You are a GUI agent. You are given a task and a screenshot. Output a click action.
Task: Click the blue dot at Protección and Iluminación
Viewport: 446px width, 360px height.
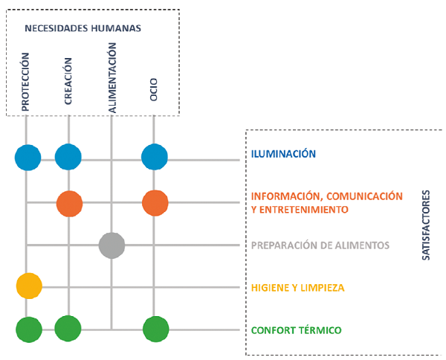coord(28,157)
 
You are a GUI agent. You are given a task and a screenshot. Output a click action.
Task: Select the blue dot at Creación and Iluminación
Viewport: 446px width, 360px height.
coord(68,157)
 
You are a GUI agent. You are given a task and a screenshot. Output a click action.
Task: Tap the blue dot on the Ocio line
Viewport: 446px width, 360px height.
coord(155,157)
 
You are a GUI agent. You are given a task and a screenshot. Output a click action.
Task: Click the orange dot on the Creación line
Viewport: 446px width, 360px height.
coord(70,202)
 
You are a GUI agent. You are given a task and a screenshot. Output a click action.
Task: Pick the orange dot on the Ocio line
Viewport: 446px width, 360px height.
coord(155,202)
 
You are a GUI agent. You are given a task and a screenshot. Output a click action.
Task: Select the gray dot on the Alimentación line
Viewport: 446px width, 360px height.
coord(112,245)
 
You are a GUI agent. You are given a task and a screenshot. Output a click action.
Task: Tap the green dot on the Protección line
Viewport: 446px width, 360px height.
coord(29,329)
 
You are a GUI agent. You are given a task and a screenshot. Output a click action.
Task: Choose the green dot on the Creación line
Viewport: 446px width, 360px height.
coord(68,328)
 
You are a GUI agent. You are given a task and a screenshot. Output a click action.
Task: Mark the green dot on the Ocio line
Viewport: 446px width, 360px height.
coord(155,329)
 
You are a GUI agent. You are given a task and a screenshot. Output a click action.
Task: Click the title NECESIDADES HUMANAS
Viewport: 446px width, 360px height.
coord(83,28)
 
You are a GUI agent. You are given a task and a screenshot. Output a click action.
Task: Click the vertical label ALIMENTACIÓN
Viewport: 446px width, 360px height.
coord(112,77)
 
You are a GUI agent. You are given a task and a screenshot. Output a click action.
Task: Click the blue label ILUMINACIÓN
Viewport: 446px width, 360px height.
coord(283,154)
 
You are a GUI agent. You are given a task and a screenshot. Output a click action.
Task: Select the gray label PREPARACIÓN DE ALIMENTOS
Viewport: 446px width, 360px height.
coord(320,245)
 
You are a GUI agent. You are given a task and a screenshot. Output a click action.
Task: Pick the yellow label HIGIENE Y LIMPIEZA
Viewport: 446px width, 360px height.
coord(297,287)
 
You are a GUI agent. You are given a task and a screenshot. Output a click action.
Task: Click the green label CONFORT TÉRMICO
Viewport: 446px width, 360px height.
coord(295,330)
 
